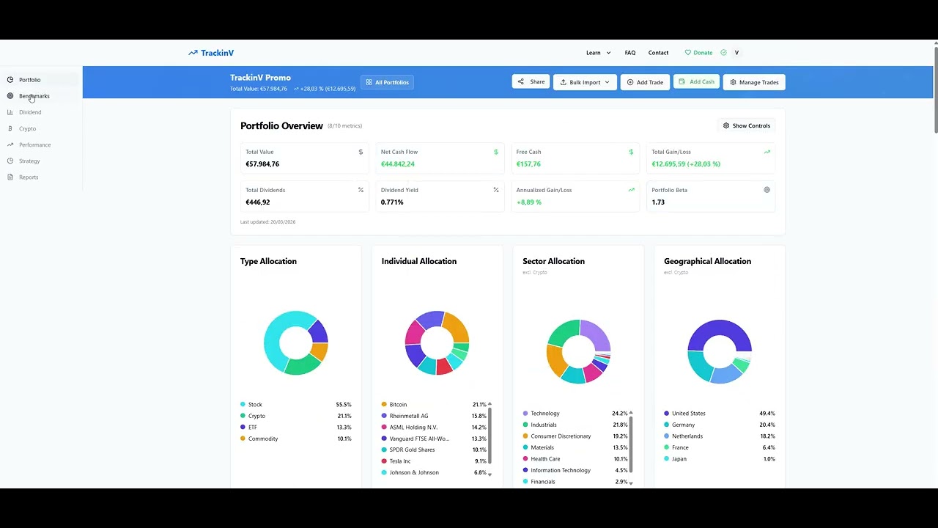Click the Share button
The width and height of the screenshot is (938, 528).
point(531,81)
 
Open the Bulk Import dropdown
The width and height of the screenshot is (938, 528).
point(585,82)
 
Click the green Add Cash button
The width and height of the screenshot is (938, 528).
point(696,81)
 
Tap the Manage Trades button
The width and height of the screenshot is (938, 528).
point(754,82)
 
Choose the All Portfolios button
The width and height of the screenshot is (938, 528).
point(387,82)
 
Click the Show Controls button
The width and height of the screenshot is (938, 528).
point(746,125)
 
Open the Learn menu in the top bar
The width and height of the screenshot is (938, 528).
point(598,53)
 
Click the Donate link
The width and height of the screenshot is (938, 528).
point(698,53)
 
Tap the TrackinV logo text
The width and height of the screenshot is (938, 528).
point(218,53)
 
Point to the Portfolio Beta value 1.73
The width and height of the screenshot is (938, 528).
point(658,202)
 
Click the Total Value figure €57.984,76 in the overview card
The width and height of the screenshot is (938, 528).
point(262,164)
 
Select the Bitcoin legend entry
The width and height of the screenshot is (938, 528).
point(394,404)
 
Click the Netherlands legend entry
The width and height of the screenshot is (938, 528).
point(683,436)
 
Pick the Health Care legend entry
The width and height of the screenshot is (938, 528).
point(541,459)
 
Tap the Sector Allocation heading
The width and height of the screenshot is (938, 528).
point(553,261)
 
